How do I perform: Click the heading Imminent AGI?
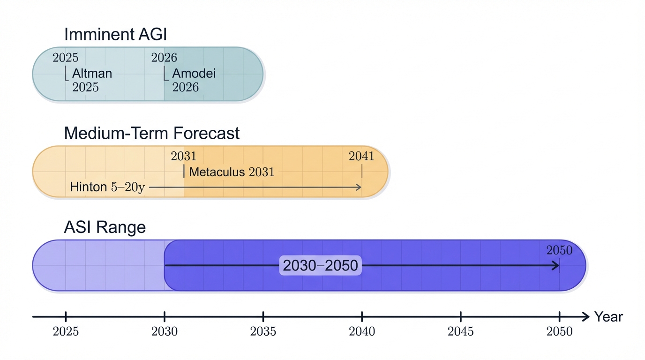[115, 35]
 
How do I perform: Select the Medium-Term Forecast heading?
[151, 133]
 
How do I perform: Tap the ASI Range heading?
[105, 227]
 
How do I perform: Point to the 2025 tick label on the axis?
[66, 331]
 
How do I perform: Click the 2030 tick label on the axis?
[165, 331]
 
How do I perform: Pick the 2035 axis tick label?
[263, 331]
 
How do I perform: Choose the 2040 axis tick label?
[362, 331]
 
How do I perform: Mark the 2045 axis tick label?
[461, 331]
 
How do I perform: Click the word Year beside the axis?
[608, 317]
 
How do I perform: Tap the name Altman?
[92, 74]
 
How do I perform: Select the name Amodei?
[194, 74]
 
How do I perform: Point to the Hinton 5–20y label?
[107, 187]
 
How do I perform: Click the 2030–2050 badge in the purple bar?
[321, 266]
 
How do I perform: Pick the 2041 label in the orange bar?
[361, 156]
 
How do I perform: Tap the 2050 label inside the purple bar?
[559, 250]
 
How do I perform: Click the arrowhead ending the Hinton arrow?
[359, 187]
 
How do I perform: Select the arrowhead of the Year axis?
[585, 317]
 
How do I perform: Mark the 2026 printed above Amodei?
[164, 58]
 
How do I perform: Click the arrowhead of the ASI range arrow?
[556, 266]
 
